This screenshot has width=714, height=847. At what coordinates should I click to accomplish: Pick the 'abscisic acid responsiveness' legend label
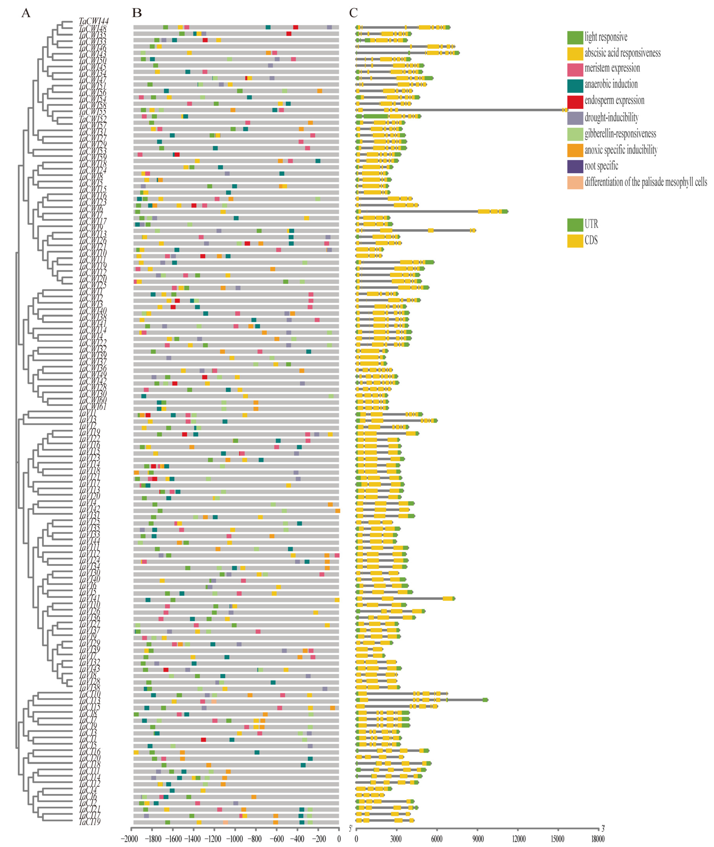622,53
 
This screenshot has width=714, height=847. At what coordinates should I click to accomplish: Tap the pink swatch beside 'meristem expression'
575,69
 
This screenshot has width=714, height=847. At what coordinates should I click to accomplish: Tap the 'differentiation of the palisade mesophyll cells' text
646,182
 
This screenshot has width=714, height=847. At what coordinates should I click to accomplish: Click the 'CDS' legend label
591,240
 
